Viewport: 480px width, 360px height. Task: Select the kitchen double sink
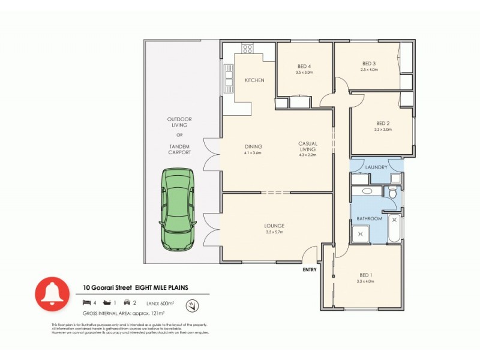(x=229, y=78)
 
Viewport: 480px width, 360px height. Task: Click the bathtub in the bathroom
(x=394, y=229)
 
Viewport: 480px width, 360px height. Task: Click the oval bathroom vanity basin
(x=367, y=192)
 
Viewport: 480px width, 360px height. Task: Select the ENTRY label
(x=310, y=269)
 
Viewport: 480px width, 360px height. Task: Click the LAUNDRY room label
(x=376, y=167)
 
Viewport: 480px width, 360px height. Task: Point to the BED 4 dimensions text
(x=304, y=73)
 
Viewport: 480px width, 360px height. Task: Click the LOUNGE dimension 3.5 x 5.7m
(x=274, y=232)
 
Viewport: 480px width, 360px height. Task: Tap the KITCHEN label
(x=254, y=80)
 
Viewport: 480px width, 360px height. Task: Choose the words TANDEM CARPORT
(x=179, y=149)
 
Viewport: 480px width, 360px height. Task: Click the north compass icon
(x=193, y=306)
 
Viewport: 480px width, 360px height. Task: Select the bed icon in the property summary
(x=87, y=302)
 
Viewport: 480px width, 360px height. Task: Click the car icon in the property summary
(x=127, y=302)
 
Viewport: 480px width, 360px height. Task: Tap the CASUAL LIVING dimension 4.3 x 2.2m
(x=307, y=155)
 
